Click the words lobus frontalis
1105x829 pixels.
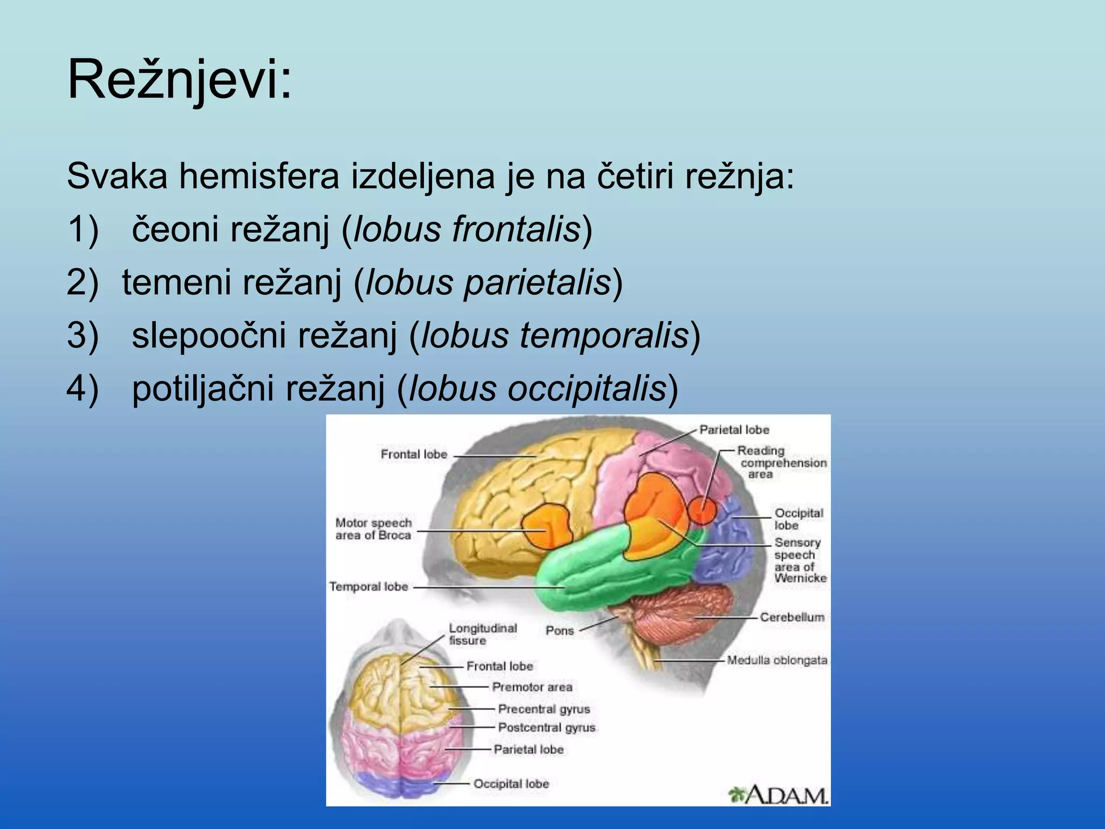(467, 229)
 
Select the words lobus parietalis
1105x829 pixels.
(488, 282)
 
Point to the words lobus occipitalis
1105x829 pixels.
(537, 388)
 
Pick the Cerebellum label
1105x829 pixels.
(792, 617)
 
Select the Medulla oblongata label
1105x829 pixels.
(776, 660)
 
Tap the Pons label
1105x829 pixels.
(559, 630)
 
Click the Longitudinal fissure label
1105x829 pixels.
(482, 634)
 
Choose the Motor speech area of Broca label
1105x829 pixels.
(373, 529)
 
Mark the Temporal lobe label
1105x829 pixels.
(369, 587)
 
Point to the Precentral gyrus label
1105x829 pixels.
(543, 709)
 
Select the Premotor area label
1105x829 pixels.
(531, 687)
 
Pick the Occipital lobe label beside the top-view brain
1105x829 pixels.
(510, 784)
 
